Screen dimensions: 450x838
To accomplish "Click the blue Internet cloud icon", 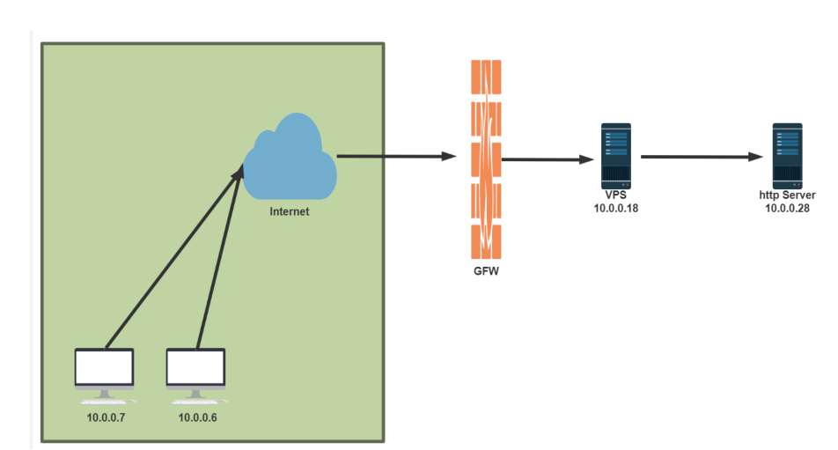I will (x=290, y=159).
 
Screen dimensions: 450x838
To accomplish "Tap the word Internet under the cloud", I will (x=290, y=211).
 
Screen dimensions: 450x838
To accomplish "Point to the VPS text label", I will (x=615, y=195).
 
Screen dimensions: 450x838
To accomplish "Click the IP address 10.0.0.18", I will (x=615, y=208).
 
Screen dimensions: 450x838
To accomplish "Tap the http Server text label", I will (x=787, y=195).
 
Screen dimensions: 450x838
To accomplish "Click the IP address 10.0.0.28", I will (x=787, y=208).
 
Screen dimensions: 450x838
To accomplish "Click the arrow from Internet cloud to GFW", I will (x=396, y=156).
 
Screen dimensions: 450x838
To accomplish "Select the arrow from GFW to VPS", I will (x=546, y=159).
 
